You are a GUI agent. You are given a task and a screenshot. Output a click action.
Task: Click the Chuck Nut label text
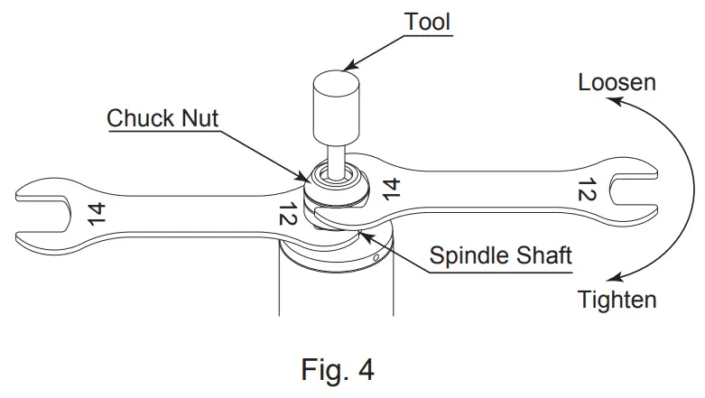[x=162, y=118]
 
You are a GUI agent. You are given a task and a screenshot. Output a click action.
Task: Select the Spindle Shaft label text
[x=500, y=255]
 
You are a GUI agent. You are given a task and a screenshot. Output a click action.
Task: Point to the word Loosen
[x=617, y=83]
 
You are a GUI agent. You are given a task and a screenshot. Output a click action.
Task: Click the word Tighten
[x=617, y=299]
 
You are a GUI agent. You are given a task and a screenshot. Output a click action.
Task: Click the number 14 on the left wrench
[x=97, y=213]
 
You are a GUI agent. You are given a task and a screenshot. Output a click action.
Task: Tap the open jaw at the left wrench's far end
[x=36, y=213]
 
